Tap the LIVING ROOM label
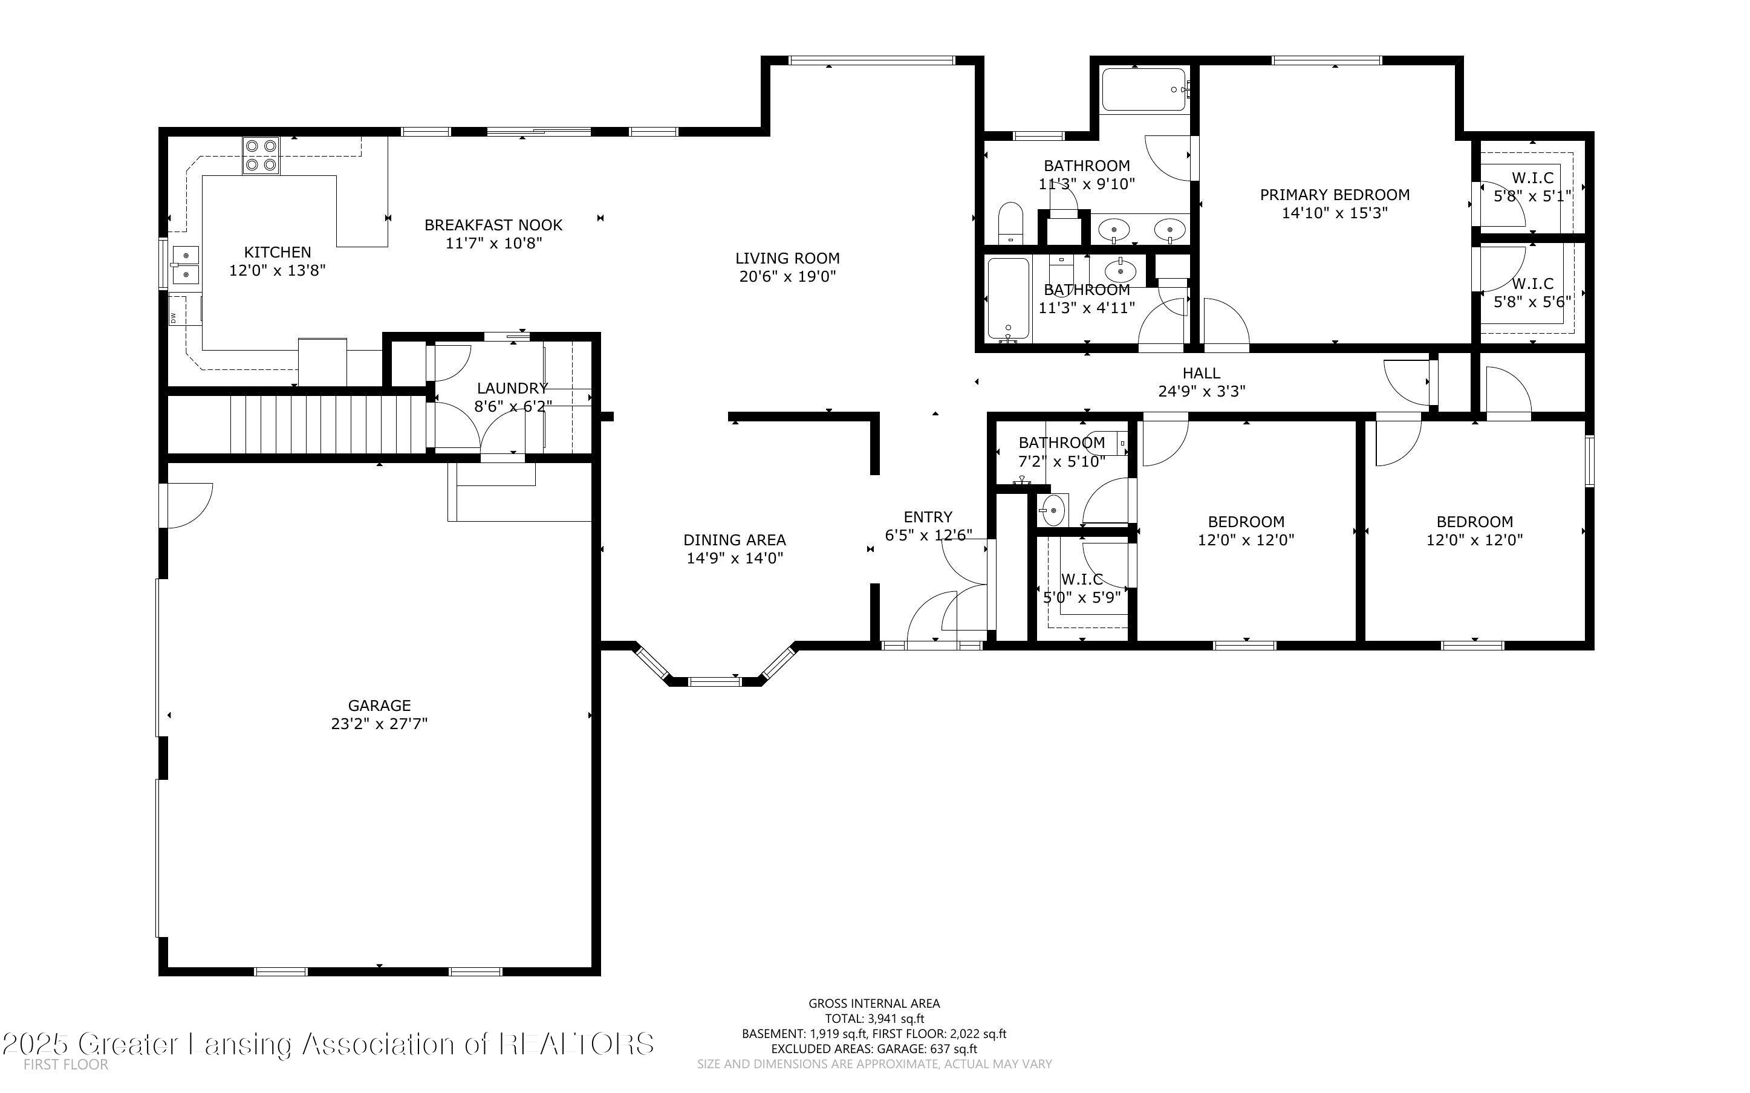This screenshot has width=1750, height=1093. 787,258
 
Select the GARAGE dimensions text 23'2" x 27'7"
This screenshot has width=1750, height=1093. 380,724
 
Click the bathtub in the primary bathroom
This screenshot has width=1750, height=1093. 1143,89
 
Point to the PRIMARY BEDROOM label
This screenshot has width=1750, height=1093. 1335,195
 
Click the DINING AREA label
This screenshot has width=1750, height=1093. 734,540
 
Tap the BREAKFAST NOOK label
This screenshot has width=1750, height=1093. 493,225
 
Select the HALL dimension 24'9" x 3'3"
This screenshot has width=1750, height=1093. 1202,391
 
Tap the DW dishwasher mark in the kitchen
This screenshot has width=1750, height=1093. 174,317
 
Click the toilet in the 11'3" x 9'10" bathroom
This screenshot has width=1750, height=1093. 1010,222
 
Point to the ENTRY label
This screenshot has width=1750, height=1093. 928,517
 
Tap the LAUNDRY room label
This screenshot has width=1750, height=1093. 512,388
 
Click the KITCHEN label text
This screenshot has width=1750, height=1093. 278,252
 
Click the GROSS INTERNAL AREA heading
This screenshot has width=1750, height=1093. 874,1004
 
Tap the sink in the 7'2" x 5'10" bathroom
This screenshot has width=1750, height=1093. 1052,511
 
